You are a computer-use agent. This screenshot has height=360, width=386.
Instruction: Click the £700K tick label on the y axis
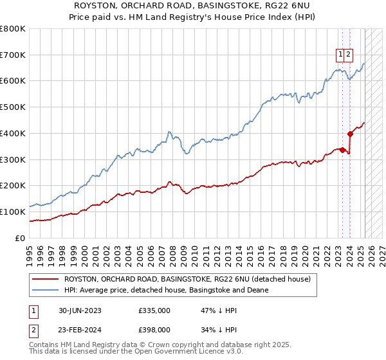click(x=13, y=55)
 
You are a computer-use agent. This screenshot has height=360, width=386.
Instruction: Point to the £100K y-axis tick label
click(x=13, y=212)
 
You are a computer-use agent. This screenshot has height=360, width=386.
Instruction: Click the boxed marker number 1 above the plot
click(x=340, y=55)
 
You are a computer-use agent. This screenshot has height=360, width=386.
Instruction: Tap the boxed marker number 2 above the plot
click(x=348, y=55)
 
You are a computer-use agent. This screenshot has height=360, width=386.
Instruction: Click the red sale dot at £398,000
click(x=351, y=134)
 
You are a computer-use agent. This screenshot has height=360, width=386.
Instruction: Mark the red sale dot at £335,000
click(x=343, y=150)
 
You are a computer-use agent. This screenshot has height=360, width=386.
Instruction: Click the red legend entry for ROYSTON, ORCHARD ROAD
click(x=187, y=279)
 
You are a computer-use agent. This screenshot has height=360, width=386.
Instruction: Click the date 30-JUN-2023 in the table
click(x=80, y=310)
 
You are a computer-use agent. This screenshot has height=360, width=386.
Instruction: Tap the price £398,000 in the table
click(x=154, y=329)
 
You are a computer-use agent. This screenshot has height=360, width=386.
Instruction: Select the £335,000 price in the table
click(x=154, y=310)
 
